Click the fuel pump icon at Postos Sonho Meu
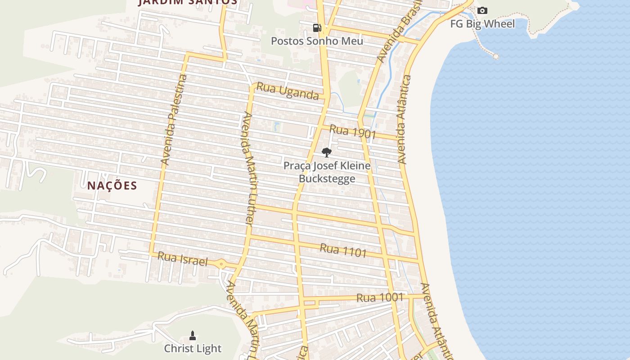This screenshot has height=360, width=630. click(x=317, y=28)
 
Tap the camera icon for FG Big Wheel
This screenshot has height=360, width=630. click(x=482, y=10)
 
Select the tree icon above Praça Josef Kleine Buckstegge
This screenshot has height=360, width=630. click(x=327, y=152)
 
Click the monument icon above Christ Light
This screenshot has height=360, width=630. click(x=193, y=335)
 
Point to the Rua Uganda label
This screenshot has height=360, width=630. click(x=288, y=91)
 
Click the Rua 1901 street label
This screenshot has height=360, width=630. click(x=352, y=132)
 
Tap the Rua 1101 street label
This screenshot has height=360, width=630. click(x=343, y=250)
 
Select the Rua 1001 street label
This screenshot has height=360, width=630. click(x=380, y=297)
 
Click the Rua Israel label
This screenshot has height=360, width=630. click(x=183, y=260)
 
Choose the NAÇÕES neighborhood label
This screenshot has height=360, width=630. click(x=112, y=185)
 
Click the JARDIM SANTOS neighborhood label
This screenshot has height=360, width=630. click(x=188, y=2)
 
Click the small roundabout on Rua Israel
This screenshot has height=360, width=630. click(x=221, y=264)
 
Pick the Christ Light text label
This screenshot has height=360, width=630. click(x=193, y=348)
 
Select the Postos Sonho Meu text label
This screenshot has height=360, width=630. click(x=317, y=41)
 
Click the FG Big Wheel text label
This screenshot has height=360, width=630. click(x=482, y=24)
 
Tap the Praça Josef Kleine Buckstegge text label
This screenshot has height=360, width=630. click(x=327, y=172)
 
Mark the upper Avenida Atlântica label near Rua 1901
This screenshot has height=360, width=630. click(x=404, y=120)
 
